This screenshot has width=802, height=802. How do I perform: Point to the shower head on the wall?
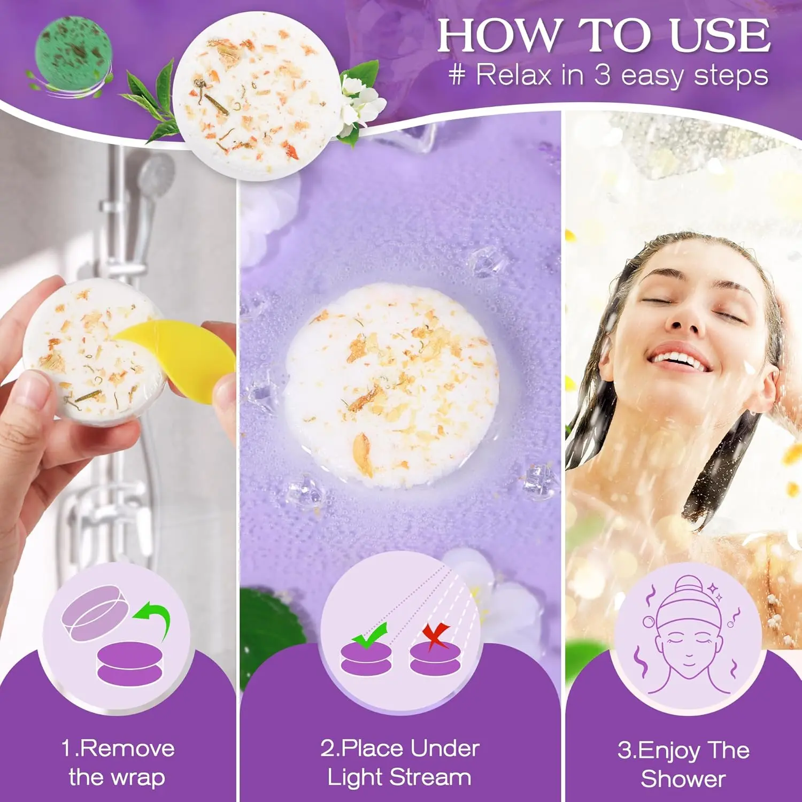[x=155, y=179]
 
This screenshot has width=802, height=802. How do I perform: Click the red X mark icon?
[x=436, y=636]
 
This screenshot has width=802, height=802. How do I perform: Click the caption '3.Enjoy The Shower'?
[x=683, y=765]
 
